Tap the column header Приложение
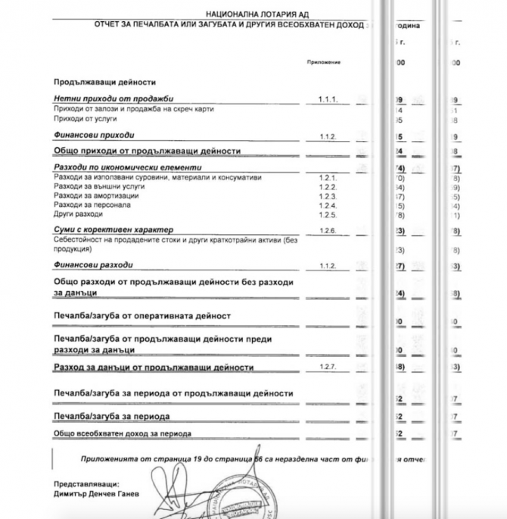coord(321,61)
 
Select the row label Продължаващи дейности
coord(98,81)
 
